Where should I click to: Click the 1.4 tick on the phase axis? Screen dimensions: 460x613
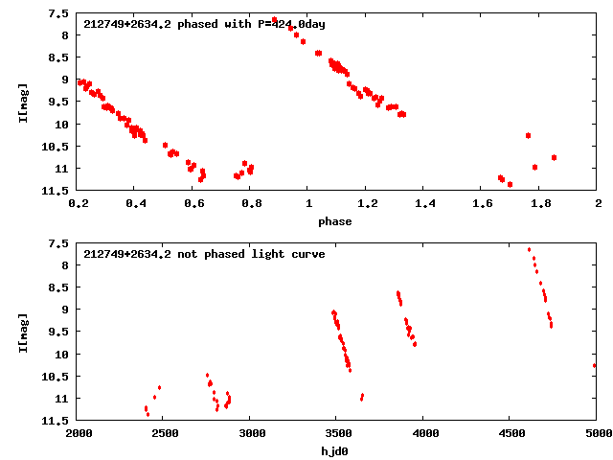424,204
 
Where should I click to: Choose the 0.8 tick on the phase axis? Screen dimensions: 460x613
251,204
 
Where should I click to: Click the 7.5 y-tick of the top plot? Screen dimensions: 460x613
59,13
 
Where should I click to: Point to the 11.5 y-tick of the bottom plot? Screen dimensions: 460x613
57,421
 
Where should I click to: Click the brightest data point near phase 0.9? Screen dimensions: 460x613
275,20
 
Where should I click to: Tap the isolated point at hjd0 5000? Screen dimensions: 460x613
595,365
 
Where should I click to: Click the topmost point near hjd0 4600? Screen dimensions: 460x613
529,249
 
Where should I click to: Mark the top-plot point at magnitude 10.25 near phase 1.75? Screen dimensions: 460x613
528,135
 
